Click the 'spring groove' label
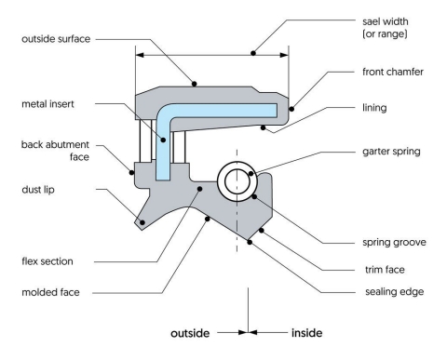click(x=390, y=242)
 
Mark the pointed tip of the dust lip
click(x=140, y=221)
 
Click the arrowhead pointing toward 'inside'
click(x=253, y=329)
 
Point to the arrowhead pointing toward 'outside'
click(x=241, y=329)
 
